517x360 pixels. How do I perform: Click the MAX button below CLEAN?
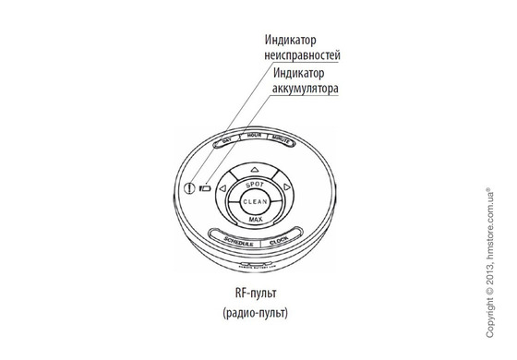point(255,219)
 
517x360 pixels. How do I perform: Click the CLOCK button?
point(281,240)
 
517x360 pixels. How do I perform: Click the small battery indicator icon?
point(204,188)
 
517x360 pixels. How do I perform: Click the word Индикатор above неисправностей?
point(292,40)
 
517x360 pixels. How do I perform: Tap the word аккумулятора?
point(306,89)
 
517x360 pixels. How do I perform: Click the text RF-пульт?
point(255,294)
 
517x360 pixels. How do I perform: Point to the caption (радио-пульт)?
point(255,314)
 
